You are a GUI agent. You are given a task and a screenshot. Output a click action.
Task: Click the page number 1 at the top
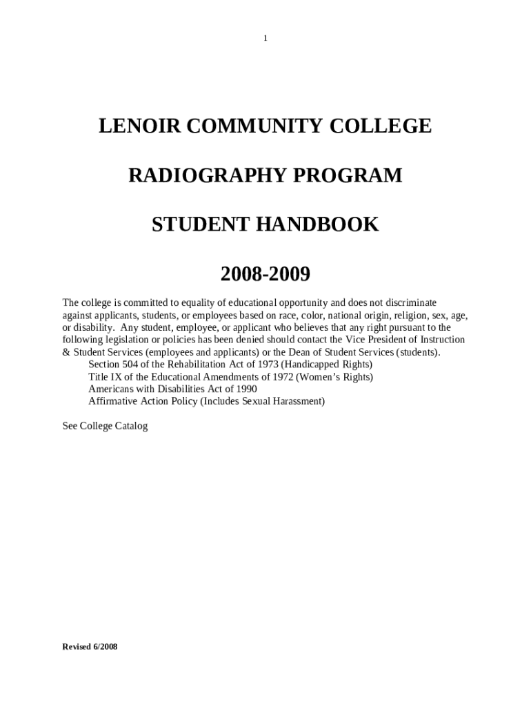coord(265,38)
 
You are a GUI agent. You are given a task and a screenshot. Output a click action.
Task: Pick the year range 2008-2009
coord(265,274)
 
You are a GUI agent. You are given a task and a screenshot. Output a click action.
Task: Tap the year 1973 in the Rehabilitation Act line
coord(268,364)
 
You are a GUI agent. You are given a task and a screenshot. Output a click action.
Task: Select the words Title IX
coord(102,376)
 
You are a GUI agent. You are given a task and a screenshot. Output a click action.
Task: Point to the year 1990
coord(244,389)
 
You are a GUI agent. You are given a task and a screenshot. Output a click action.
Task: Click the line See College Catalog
coord(105,426)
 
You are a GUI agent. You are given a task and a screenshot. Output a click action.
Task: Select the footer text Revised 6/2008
coord(90,647)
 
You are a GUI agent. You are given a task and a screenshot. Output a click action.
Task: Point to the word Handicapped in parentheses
coord(316,364)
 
